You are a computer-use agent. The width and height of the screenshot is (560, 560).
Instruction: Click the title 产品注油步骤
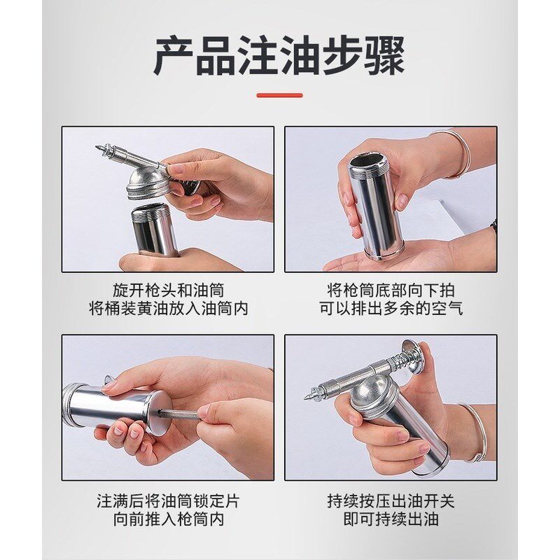[x=279, y=57]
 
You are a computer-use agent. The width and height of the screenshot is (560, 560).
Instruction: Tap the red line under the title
[x=279, y=95]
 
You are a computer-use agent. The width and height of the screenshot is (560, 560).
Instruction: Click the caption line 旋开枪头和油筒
[x=168, y=290]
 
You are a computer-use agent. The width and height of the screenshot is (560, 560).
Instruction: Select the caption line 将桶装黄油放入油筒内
[x=168, y=309]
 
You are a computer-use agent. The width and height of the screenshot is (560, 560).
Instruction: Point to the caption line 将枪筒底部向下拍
[x=391, y=290]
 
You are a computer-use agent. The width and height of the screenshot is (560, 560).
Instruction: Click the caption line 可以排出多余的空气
[x=391, y=309]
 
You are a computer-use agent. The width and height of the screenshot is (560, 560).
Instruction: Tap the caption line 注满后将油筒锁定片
[x=168, y=501]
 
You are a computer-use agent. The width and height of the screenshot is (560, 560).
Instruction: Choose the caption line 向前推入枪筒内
[x=168, y=520]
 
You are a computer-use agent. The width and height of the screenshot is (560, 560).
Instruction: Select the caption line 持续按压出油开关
[x=391, y=501]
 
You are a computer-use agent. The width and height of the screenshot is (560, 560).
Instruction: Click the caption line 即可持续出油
[x=391, y=520]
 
